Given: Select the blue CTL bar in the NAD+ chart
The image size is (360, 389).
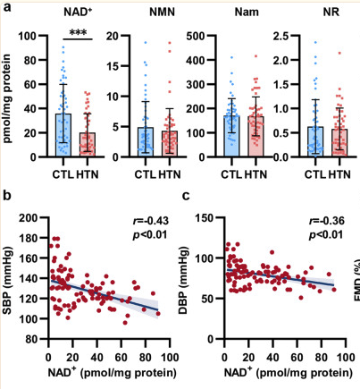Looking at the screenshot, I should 63,134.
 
